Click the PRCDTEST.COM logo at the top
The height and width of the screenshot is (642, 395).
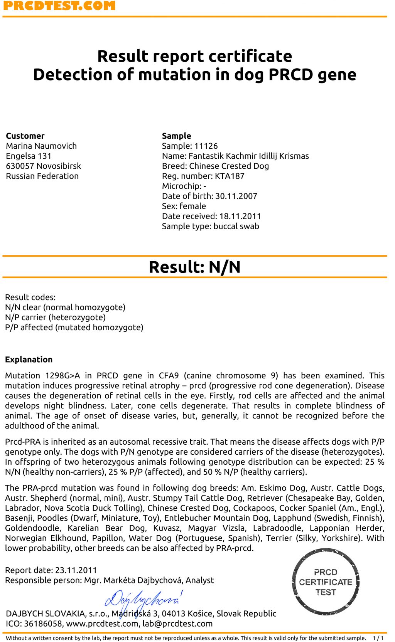(x=59, y=6)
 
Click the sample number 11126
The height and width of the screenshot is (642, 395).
(x=206, y=146)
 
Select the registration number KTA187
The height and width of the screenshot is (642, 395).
(x=230, y=176)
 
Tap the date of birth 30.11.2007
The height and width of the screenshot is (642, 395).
(x=236, y=196)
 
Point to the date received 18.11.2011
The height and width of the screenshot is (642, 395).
(x=240, y=216)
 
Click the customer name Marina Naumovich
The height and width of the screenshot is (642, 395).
(x=41, y=146)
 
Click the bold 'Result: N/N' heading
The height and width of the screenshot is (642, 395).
(x=195, y=267)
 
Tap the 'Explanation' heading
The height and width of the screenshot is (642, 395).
(x=29, y=360)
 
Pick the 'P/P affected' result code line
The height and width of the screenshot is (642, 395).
(x=74, y=328)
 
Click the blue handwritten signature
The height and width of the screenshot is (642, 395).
(x=143, y=600)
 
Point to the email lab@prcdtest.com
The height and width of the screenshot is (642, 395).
(x=177, y=624)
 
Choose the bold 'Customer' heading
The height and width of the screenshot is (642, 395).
(x=25, y=136)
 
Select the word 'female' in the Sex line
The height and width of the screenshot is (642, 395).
(x=193, y=206)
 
